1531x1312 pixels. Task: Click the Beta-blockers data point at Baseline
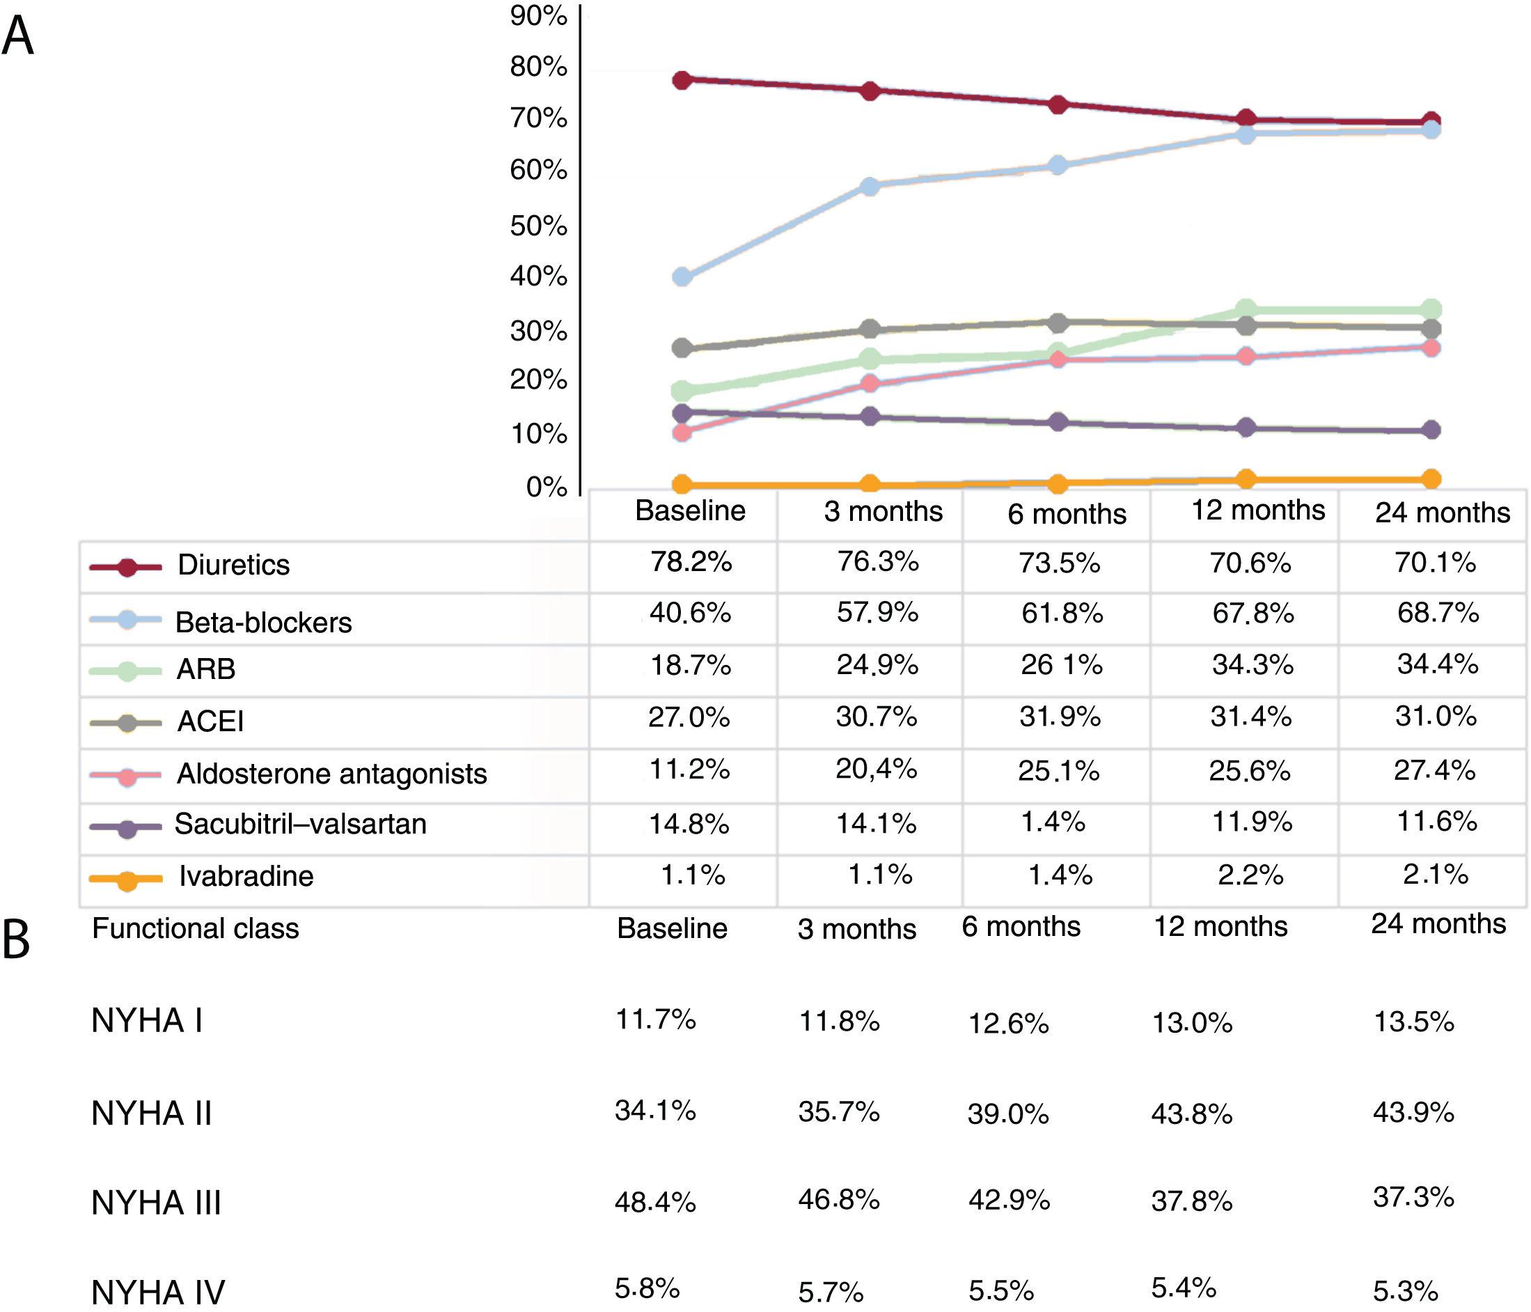click(682, 277)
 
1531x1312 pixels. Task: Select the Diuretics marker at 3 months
click(870, 91)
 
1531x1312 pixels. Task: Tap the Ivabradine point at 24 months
click(1431, 479)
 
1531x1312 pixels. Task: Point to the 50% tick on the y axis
click(538, 226)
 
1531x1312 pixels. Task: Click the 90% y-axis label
click(538, 15)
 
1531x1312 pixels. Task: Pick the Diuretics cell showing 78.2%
click(691, 562)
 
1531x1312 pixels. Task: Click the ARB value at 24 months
click(1437, 664)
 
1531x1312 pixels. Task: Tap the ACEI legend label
click(210, 721)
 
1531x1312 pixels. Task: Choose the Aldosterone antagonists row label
click(332, 774)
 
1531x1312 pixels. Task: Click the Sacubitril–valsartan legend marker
click(126, 828)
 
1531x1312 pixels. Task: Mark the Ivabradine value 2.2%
click(1250, 875)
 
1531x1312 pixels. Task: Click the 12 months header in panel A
click(1258, 510)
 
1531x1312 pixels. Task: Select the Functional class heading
click(195, 928)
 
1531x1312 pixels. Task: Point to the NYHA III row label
click(156, 1203)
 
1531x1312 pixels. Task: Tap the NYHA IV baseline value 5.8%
click(647, 1288)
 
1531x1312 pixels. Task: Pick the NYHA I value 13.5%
click(1413, 1022)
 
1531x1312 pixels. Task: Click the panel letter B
click(16, 940)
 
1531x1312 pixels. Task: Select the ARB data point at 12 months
click(1246, 309)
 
